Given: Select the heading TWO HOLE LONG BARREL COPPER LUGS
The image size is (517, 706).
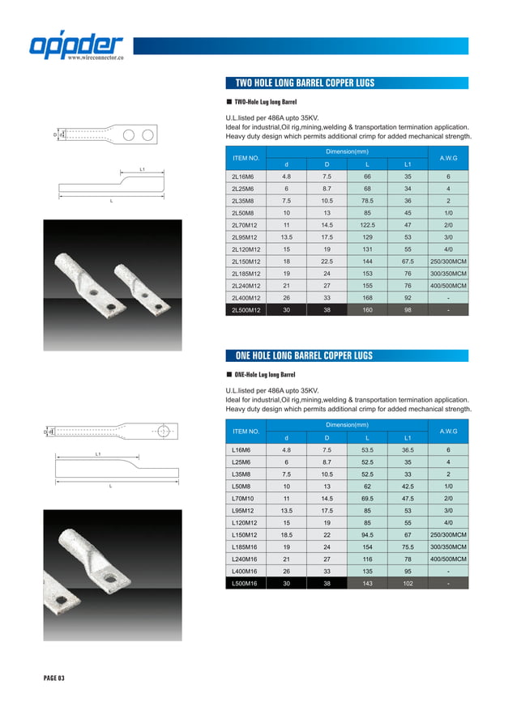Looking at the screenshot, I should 305,83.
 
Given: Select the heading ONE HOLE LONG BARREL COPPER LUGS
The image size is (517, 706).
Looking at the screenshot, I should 305,355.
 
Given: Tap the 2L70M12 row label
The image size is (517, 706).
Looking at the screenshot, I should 246,224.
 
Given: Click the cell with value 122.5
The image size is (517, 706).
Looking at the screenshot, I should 367,224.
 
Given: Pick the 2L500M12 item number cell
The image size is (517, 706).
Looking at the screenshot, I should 246,309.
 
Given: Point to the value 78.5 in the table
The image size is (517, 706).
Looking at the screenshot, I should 367,200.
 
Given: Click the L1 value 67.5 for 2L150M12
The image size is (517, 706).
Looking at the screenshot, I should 408,261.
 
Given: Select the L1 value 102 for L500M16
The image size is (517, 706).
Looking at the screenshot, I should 408,583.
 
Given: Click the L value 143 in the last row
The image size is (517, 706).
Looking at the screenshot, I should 367,583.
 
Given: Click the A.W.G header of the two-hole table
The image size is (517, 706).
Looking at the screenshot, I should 448,158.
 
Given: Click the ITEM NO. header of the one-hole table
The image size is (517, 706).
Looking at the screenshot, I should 246,431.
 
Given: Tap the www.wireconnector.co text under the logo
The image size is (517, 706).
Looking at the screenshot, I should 95,59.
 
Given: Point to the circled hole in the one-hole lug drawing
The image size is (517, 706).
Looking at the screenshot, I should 163,431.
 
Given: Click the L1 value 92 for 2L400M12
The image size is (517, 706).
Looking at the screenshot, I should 408,297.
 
